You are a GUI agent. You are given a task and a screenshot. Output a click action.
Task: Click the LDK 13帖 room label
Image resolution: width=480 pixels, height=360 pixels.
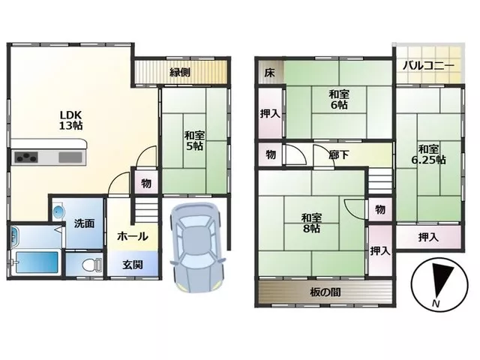pyautogui.click(x=70, y=120)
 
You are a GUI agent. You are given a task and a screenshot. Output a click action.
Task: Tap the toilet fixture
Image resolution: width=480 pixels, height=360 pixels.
pyautogui.click(x=92, y=265)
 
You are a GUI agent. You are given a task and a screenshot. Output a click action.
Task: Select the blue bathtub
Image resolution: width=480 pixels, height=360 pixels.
pyautogui.click(x=37, y=262)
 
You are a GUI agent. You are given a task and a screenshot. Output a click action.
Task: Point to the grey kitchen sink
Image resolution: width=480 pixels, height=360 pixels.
pyautogui.click(x=70, y=157)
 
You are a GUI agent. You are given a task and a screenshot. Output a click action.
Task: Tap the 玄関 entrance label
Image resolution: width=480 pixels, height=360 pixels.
pyautogui.click(x=133, y=265)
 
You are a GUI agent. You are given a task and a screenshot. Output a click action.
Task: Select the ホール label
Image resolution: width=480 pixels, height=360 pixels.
pyautogui.click(x=133, y=236)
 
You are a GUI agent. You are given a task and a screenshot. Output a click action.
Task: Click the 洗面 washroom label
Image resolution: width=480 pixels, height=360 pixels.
pyautogui.click(x=84, y=223)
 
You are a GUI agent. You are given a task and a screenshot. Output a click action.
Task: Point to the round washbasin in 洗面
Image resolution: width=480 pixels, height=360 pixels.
pyautogui.click(x=58, y=211)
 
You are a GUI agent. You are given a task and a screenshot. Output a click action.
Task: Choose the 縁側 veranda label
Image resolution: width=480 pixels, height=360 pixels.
pyautogui.click(x=180, y=72)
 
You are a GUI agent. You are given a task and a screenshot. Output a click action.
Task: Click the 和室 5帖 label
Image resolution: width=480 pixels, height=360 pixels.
pyautogui.click(x=194, y=140)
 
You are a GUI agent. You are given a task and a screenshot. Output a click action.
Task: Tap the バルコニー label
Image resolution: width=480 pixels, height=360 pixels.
pyautogui.click(x=428, y=66)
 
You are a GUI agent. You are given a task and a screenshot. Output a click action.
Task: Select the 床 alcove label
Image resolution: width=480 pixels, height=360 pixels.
pyautogui.click(x=270, y=73)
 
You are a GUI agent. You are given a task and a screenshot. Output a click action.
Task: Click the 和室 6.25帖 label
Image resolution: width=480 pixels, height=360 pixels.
pyautogui.click(x=428, y=154)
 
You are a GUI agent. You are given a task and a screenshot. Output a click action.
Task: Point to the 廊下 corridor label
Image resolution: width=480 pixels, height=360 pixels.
pyautogui.click(x=339, y=155)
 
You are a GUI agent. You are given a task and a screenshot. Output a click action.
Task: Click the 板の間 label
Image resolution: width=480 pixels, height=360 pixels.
pyautogui.click(x=325, y=292)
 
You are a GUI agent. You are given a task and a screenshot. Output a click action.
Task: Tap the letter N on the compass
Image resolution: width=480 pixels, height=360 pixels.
pyautogui.click(x=436, y=304)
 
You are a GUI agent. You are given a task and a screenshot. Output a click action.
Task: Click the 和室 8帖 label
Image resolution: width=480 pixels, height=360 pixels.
pyautogui.click(x=311, y=223)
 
